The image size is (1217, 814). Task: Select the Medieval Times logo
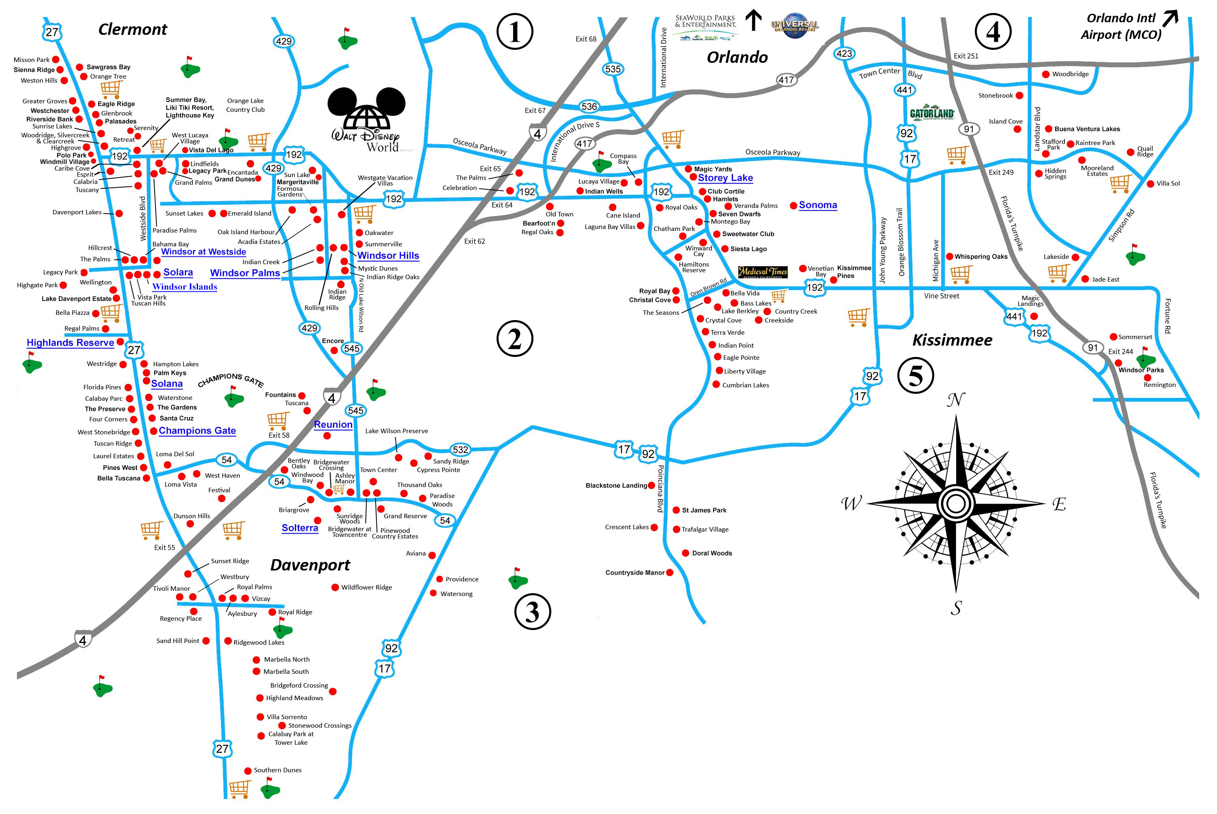click(762, 272)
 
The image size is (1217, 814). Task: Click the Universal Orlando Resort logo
click(795, 26)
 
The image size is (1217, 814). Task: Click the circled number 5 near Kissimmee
click(915, 375)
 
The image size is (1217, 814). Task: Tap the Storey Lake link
click(725, 177)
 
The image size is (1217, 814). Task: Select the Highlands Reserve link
click(70, 343)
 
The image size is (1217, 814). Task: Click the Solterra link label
click(300, 528)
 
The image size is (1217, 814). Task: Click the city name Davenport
click(310, 565)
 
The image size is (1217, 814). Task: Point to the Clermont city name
click(133, 30)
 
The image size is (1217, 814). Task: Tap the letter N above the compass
click(956, 400)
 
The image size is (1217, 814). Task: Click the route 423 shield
click(844, 53)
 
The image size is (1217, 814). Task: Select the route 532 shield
click(460, 450)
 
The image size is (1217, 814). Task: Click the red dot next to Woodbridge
click(1045, 74)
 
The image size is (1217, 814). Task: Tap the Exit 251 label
click(965, 56)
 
